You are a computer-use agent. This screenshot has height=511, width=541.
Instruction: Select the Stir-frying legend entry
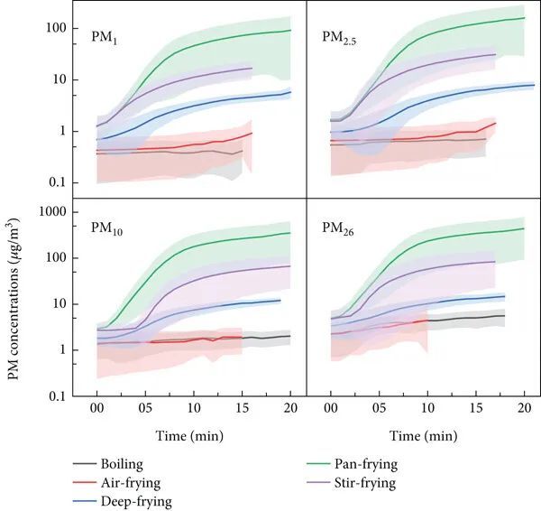click(x=367, y=483)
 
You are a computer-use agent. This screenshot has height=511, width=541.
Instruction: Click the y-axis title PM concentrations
click(x=15, y=297)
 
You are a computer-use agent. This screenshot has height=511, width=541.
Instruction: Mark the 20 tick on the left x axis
click(x=289, y=408)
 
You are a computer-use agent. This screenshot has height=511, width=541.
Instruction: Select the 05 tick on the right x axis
click(x=380, y=408)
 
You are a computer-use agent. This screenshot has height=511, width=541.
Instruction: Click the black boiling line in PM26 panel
click(x=469, y=317)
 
